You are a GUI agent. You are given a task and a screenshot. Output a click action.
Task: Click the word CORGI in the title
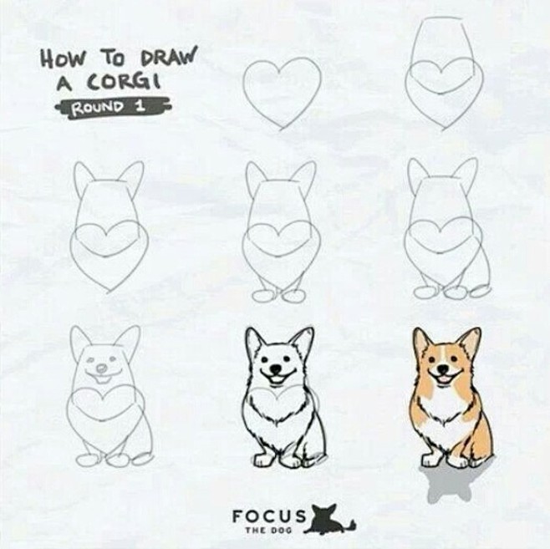click(125, 82)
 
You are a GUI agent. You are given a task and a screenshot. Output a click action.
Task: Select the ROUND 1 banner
click(113, 107)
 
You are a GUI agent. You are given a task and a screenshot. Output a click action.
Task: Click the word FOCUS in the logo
click(268, 516)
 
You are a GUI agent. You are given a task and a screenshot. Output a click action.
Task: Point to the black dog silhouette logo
click(329, 520)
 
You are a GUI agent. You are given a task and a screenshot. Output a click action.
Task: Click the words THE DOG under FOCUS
click(268, 530)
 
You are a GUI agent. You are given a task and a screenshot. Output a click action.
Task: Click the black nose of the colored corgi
click(444, 369)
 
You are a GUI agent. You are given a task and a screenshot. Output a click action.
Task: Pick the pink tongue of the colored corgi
click(444, 379)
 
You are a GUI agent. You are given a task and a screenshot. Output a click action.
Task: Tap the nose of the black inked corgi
click(277, 369)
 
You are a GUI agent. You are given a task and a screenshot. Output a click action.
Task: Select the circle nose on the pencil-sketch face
click(102, 369)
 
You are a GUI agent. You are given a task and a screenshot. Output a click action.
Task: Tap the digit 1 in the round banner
click(141, 105)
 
